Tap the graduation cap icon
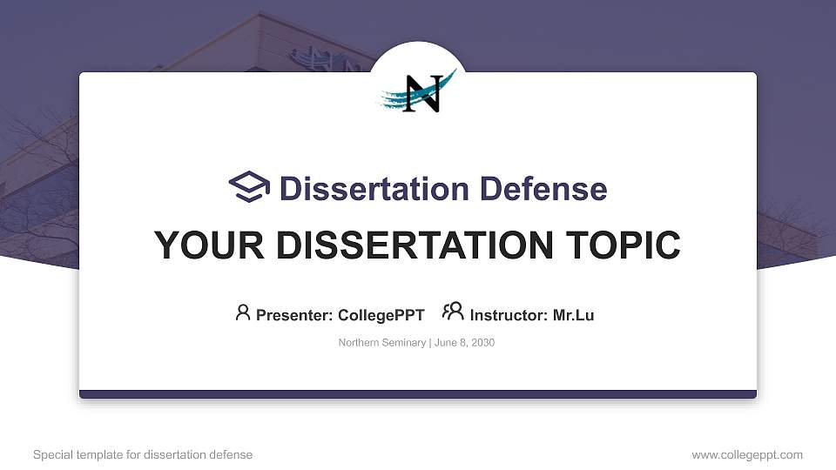tap(250, 187)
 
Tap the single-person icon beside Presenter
tap(243, 312)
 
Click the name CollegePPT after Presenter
tap(381, 315)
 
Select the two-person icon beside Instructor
tap(453, 312)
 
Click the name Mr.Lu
tap(573, 315)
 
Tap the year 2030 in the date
tap(482, 343)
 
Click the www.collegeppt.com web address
tap(747, 455)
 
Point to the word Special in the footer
tap(52, 455)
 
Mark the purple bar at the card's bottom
tap(418, 394)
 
